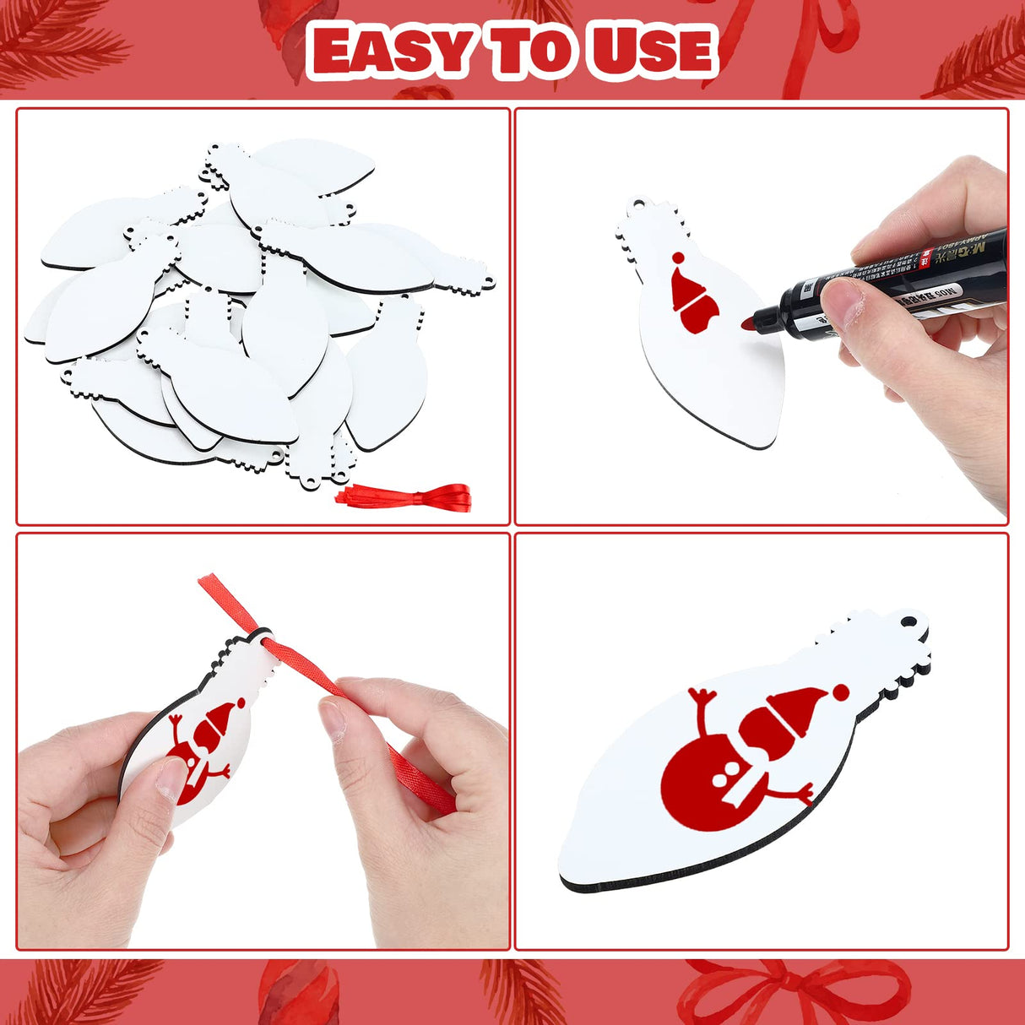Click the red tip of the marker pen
(746, 323)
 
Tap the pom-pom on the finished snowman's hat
(839, 691)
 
